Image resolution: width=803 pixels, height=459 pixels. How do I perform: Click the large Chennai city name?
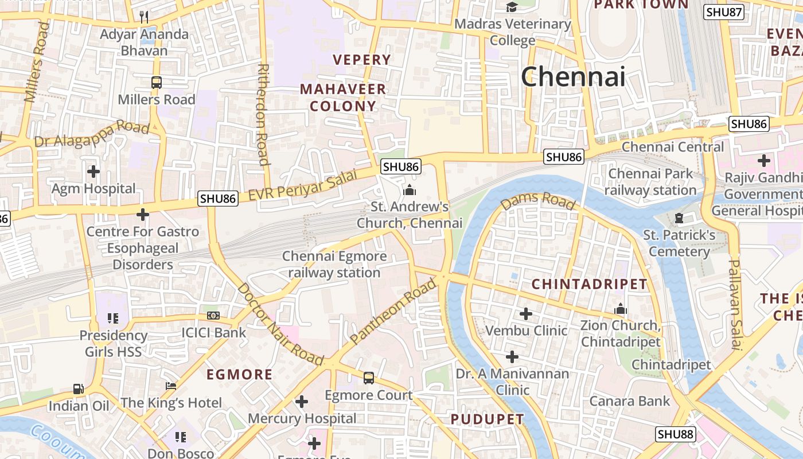coord(573,77)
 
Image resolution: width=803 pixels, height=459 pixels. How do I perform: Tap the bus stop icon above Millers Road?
coord(157,83)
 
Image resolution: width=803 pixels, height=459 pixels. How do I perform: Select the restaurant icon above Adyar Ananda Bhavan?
coord(144,17)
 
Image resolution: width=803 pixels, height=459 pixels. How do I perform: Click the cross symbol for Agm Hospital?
coord(93,171)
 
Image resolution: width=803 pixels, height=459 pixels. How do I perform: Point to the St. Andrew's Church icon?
coord(410,190)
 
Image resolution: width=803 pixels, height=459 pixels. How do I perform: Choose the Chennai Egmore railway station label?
coord(334,264)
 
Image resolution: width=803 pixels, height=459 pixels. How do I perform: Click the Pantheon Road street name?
coord(393,310)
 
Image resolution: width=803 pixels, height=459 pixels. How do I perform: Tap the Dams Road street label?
coord(537,201)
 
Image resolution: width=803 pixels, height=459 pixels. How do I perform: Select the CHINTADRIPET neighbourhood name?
coord(589,284)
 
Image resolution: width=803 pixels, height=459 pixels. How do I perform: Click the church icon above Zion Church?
coord(620,309)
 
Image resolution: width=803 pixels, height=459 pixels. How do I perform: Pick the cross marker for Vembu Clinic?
coord(525,314)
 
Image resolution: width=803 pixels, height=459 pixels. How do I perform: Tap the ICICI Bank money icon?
coord(213,316)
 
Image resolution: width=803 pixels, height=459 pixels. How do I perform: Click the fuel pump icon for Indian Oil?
coord(79,389)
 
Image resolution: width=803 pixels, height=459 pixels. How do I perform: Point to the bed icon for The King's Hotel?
coord(171,386)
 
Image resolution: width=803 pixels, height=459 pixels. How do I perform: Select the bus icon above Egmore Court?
coord(369,378)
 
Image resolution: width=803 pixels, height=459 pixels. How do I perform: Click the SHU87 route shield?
coord(723,12)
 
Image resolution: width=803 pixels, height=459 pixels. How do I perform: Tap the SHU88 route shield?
coord(676,434)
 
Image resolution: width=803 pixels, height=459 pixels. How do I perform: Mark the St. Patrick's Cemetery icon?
coord(679,218)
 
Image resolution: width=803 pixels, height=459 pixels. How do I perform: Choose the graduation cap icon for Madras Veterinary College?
coord(512,7)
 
